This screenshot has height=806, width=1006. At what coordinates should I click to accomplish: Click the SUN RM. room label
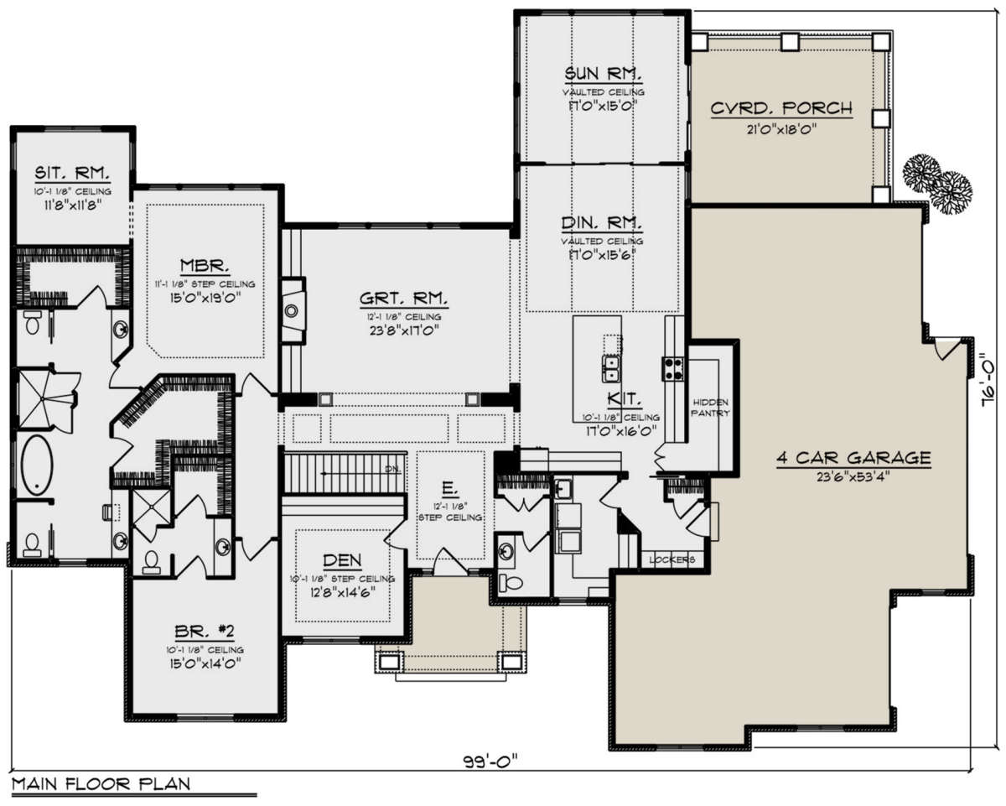603,74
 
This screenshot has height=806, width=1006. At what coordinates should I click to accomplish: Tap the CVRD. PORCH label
781,108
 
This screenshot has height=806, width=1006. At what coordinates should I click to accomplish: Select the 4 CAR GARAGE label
854,457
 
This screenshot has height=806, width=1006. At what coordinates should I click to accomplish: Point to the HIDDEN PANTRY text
711,408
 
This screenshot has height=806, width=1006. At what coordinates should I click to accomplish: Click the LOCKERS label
672,559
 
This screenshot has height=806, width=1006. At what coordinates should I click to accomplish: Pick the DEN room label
342,560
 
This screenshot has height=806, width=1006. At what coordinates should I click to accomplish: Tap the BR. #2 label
205,632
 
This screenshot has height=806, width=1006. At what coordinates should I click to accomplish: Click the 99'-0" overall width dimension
490,760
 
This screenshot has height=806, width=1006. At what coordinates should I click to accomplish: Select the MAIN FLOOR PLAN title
101,783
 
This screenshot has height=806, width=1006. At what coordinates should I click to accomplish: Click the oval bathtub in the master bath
37,465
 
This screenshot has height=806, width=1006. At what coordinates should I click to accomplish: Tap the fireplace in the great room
293,310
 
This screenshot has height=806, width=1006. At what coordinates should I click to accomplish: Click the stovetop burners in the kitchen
672,368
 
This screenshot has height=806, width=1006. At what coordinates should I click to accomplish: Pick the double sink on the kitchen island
610,368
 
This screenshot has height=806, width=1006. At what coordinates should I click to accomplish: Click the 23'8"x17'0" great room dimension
403,331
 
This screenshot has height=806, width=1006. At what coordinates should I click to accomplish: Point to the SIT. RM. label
72,173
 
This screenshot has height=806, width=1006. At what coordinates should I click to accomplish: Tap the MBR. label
205,266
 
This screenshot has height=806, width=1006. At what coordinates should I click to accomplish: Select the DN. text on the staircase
392,469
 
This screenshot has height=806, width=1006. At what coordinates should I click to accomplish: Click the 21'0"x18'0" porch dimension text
781,129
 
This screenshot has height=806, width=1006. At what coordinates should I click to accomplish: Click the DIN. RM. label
602,223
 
